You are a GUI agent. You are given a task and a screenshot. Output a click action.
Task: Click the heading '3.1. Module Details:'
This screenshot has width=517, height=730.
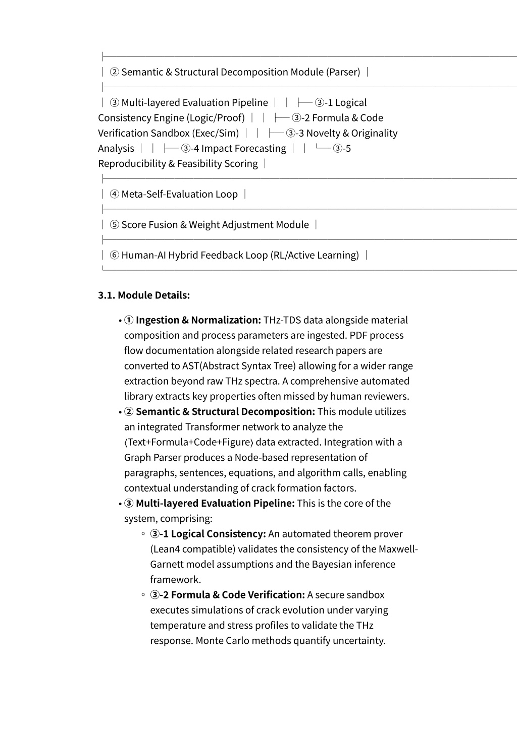[x=144, y=295]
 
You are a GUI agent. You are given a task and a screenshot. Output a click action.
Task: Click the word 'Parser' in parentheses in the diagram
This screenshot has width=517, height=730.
[x=344, y=72]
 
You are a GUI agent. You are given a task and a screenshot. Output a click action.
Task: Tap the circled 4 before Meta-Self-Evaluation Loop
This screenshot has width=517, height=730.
[x=115, y=194]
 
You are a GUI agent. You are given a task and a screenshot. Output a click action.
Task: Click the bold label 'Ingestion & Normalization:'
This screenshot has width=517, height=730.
[x=198, y=320]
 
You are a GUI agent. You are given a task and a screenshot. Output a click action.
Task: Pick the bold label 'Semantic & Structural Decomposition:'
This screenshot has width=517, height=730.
[x=225, y=411]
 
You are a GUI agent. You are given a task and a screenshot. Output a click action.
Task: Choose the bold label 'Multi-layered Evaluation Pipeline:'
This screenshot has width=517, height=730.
[x=215, y=503]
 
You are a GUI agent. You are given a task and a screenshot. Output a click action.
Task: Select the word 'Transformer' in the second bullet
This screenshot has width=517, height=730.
[x=213, y=427]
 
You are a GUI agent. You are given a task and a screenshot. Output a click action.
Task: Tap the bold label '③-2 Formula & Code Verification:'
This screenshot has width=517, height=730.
[x=227, y=595]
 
